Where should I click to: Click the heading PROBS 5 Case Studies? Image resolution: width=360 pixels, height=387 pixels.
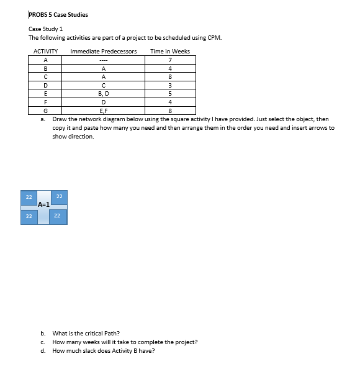pos(58,15)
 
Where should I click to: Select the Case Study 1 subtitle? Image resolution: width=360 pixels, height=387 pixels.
pos(45,29)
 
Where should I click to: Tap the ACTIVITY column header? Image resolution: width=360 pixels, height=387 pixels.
pos(45,51)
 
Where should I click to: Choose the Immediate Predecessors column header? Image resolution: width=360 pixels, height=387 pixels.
pos(104,51)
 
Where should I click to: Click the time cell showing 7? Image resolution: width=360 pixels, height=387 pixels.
pos(169,60)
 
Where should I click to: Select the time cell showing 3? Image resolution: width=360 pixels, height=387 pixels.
pos(169,86)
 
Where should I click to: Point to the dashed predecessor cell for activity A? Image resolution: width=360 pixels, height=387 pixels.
pos(104,60)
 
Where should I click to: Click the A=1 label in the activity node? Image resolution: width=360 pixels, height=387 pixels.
pos(44,204)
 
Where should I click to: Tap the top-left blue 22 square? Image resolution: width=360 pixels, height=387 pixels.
pos(29,197)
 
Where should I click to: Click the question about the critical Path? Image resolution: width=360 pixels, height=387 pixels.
pos(86,333)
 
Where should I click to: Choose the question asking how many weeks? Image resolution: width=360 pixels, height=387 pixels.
pos(125,342)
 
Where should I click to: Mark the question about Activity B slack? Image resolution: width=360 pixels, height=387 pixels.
pos(104,350)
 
